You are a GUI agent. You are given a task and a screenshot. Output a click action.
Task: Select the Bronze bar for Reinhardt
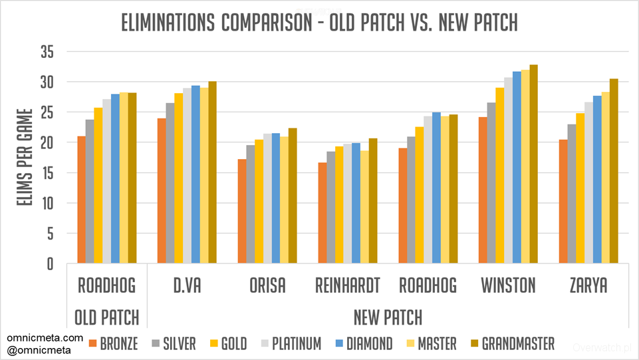[x=322, y=213]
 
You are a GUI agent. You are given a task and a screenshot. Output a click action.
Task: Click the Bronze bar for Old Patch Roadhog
[x=81, y=200]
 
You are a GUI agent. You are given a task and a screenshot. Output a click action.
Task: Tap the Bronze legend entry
[x=113, y=343]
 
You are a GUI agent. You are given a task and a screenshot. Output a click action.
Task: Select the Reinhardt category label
[x=348, y=286]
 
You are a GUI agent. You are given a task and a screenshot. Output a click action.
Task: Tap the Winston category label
[x=509, y=286]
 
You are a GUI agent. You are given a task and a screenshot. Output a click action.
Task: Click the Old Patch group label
[x=106, y=317]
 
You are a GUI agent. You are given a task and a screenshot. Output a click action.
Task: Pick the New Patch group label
[x=388, y=317]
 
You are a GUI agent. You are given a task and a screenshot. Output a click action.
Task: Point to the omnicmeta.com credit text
[x=45, y=338]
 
